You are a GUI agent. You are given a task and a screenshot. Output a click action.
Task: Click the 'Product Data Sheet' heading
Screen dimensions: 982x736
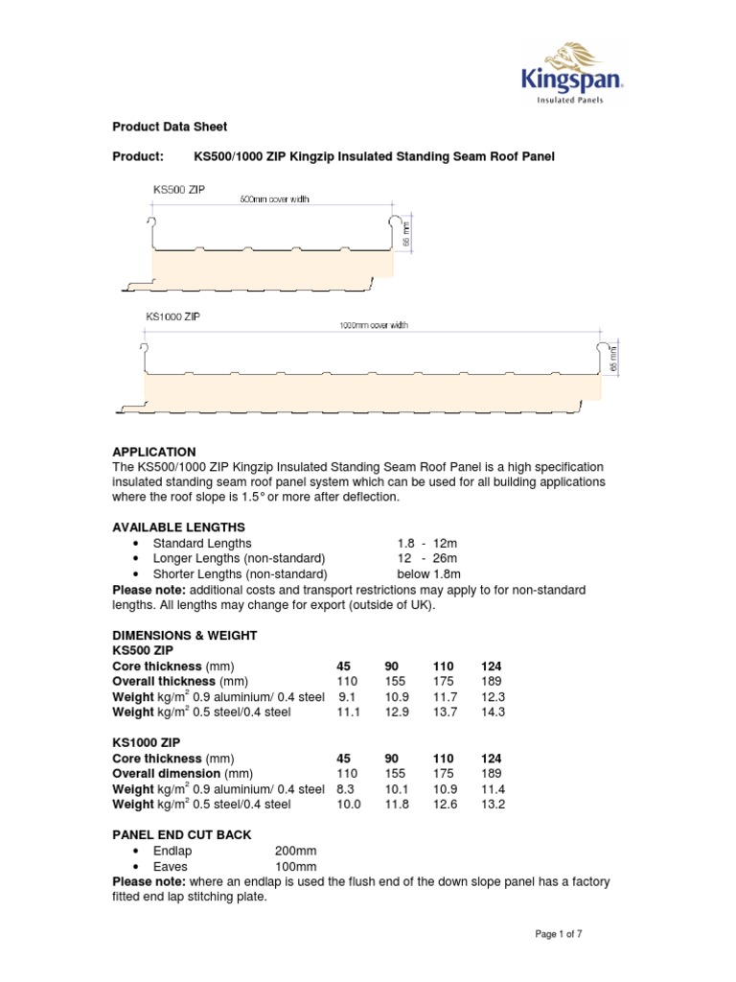pos(170,127)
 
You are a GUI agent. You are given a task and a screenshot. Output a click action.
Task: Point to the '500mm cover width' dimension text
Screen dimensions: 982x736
pos(273,199)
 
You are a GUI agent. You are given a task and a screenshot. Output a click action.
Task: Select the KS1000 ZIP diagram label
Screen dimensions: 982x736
pos(173,316)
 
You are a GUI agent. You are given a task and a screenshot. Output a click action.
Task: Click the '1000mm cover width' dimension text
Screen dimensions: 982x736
pos(374,325)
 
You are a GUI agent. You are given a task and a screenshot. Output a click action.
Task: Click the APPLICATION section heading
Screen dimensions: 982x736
pos(154,451)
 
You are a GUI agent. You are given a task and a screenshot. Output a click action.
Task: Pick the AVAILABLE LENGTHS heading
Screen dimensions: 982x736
pos(179,527)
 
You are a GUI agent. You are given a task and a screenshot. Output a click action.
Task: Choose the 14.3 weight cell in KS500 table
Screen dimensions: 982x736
pos(491,712)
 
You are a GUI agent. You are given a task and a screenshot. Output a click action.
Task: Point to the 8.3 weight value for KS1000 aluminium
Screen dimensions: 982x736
pos(346,788)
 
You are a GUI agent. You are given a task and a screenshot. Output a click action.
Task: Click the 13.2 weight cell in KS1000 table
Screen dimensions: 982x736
pos(491,804)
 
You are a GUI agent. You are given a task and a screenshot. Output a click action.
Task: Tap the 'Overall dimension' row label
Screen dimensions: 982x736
pos(182,773)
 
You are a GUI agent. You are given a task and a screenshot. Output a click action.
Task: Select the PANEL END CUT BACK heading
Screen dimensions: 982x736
pos(182,835)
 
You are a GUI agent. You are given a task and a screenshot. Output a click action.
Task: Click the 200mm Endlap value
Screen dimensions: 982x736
pos(295,851)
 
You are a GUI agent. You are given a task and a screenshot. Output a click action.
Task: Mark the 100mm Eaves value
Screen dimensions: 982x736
pos(295,866)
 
